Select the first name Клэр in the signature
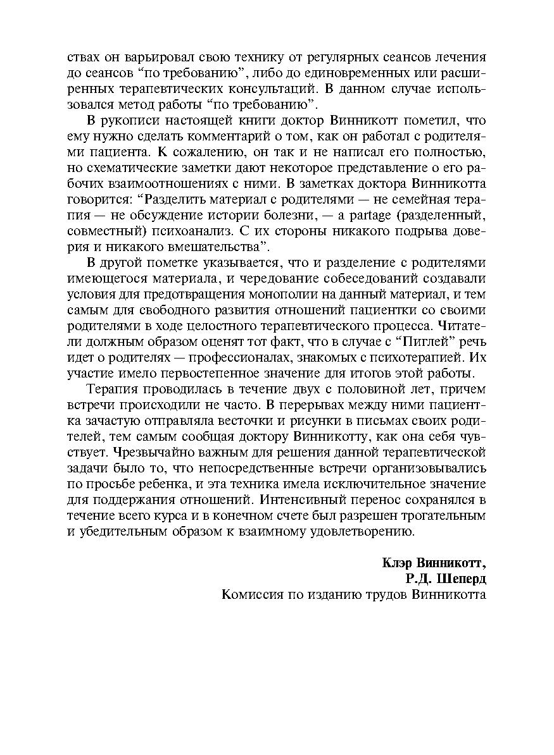click(399, 563)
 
